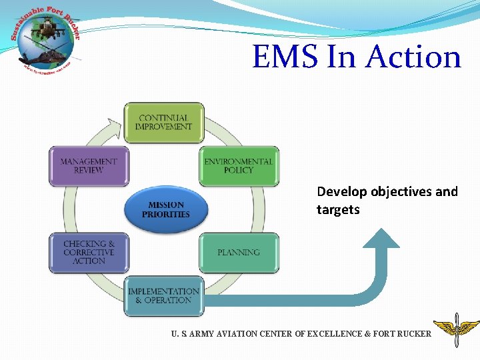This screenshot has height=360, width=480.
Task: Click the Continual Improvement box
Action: pos(163,123)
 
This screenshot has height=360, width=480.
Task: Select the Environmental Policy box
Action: pos(239,166)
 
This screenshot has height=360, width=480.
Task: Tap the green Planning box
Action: pos(239,253)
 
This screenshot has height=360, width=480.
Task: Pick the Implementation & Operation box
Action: pos(163,296)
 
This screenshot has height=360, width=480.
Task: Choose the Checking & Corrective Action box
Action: pos(89,253)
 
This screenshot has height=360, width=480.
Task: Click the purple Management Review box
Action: pos(89,166)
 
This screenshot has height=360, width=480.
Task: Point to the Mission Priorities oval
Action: pos(165,210)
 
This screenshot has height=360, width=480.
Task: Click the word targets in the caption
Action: pos(338,210)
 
